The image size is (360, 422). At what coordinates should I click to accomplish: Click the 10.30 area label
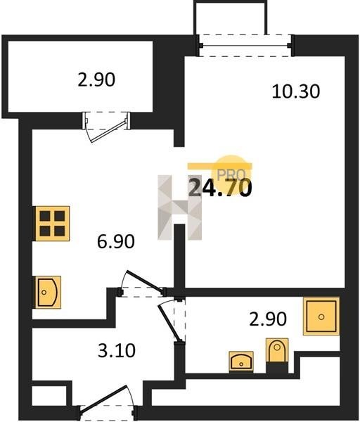coord(296,91)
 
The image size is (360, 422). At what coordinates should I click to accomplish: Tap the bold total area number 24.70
coord(220,188)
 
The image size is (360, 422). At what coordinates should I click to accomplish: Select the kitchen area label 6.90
coord(116,241)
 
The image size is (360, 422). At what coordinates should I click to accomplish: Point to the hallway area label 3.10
coord(117,351)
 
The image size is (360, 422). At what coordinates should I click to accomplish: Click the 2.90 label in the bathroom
coord(268,319)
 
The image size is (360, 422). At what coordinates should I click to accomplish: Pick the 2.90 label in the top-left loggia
coord(96,79)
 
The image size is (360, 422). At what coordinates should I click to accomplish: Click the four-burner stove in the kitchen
coord(52,224)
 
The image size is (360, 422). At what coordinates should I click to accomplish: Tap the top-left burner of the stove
coord(45,216)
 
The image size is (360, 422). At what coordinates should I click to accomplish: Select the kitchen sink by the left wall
coord(48,293)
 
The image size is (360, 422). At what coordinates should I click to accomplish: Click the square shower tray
coord(321,316)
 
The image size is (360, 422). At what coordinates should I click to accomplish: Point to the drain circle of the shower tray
coord(321,316)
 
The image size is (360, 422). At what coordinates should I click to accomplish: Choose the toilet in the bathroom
coord(277,353)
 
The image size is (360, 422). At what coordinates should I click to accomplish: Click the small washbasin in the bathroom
coord(241,362)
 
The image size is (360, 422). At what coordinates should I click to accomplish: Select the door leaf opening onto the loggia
coord(108,131)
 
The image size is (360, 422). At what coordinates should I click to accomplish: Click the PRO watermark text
coord(231,174)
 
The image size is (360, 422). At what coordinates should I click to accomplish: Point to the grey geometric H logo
coord(179,207)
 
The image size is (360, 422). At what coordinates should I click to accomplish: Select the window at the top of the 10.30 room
coord(245,46)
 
